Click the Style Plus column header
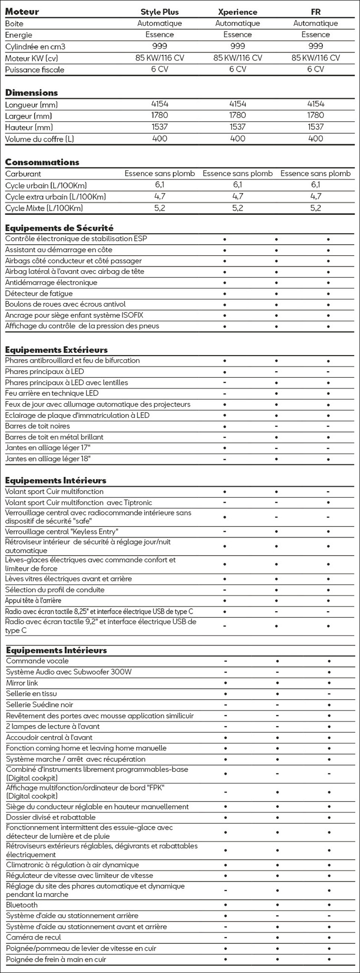(160, 12)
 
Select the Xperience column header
(237, 12)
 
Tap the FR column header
(315, 12)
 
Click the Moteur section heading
(22, 12)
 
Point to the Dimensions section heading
(31, 93)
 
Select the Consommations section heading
(42, 163)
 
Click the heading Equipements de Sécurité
(59, 228)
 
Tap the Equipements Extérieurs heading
(56, 350)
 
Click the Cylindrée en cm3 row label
(35, 47)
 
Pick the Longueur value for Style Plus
(160, 104)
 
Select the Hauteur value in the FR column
(315, 127)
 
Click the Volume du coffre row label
(39, 139)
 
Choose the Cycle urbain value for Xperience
(237, 185)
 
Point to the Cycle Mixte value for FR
(315, 208)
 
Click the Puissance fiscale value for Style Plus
(160, 69)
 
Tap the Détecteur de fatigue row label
(39, 294)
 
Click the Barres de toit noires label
(37, 426)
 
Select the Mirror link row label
(22, 683)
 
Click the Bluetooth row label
(22, 905)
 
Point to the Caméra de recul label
(33, 937)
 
